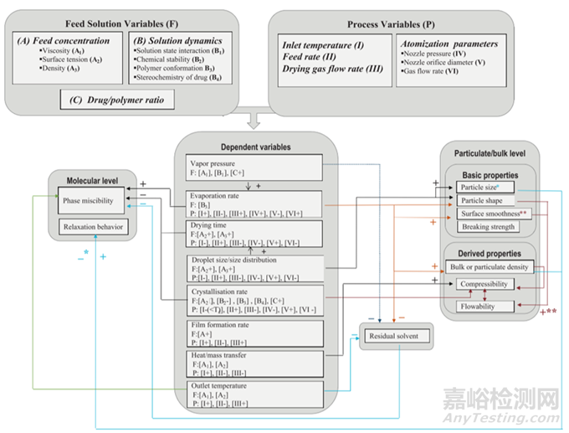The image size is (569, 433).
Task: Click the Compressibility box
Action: (488, 285)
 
